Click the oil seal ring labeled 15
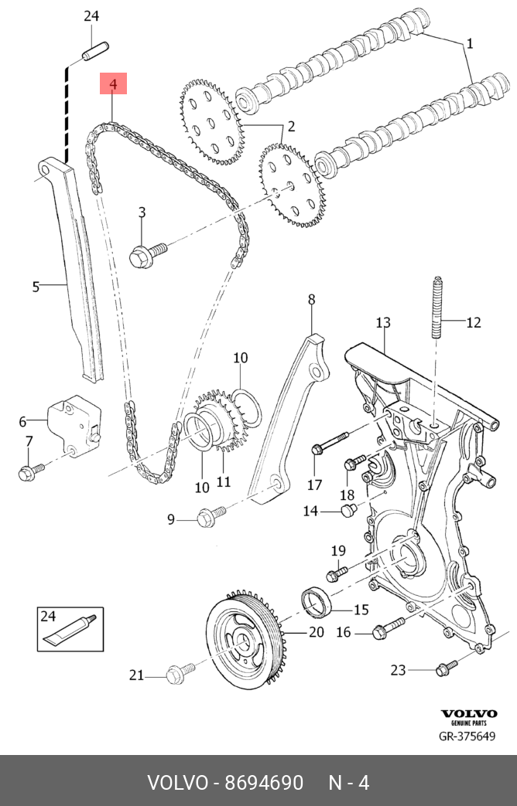click(316, 603)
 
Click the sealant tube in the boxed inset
click(70, 630)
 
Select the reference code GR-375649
click(467, 736)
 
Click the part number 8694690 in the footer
click(263, 783)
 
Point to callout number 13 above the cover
click(383, 322)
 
